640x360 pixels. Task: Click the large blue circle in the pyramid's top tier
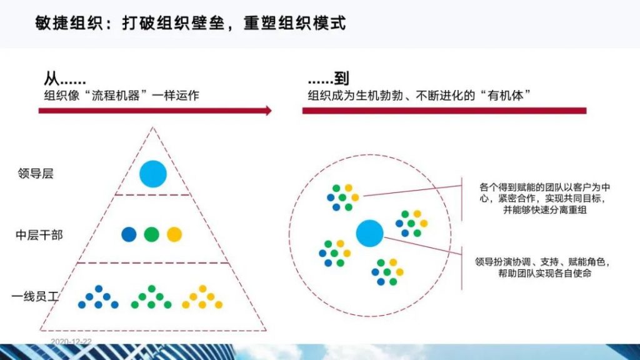tap(153, 174)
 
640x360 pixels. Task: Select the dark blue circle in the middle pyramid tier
tap(129, 235)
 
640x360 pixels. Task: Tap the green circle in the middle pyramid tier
tap(151, 235)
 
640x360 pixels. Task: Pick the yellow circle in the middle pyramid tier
tap(174, 235)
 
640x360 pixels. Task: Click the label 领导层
tap(36, 174)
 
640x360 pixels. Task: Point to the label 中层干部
tap(39, 235)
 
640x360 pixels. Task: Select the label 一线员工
tap(35, 296)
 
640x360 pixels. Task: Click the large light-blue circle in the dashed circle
tap(370, 234)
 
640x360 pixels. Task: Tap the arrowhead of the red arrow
tap(269, 111)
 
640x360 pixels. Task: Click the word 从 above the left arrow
tap(51, 78)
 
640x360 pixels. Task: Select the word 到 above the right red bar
tap(341, 78)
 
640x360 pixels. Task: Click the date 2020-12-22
tap(71, 342)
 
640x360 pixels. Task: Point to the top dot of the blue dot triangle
tap(98, 289)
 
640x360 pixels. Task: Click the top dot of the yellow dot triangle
tap(202, 289)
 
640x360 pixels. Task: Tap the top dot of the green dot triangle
tap(151, 289)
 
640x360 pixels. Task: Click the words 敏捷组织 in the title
tap(69, 23)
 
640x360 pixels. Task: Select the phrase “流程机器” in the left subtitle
tap(116, 96)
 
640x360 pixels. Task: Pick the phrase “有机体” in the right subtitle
tap(506, 96)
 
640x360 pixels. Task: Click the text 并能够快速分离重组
tap(545, 210)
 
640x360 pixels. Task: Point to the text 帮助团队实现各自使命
tap(545, 273)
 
